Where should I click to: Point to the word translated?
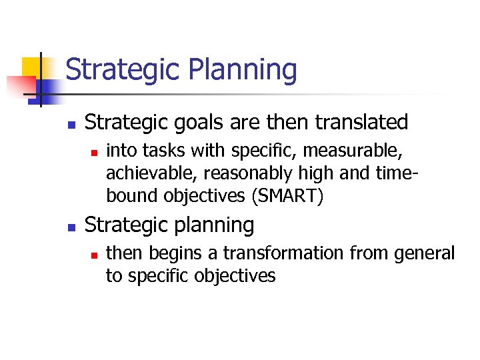[x=361, y=123]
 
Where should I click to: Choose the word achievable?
[x=151, y=173]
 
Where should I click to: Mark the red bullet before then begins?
[x=94, y=254]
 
